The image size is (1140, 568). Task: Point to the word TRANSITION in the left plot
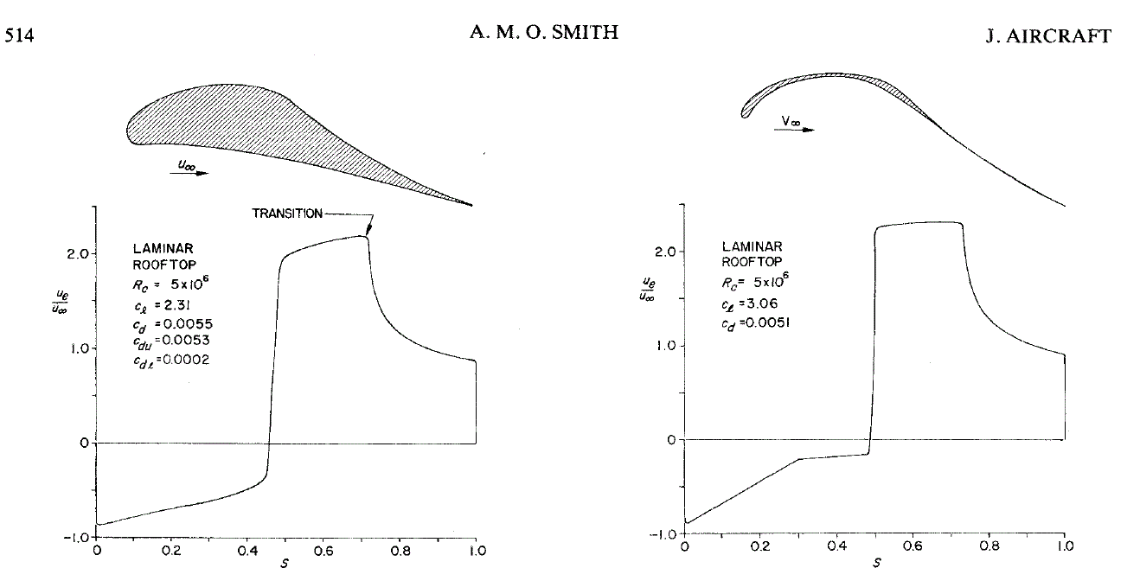click(x=285, y=214)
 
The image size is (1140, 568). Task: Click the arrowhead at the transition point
click(x=367, y=232)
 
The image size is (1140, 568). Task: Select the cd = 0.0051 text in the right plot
click(x=755, y=322)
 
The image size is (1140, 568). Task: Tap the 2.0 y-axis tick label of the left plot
click(x=74, y=254)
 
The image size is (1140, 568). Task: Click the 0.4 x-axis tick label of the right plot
click(x=836, y=546)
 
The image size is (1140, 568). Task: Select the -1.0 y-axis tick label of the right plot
click(x=663, y=534)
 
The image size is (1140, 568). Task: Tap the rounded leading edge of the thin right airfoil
click(x=744, y=112)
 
